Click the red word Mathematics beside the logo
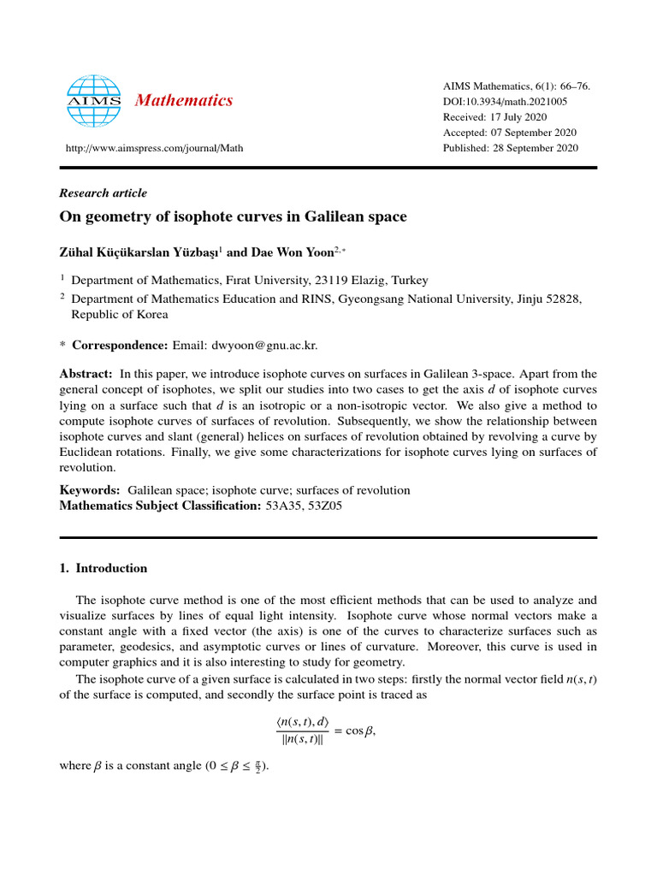click(183, 101)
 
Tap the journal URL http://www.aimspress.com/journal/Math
click(154, 148)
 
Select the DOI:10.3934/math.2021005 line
click(505, 102)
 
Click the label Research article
click(103, 193)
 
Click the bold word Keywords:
click(89, 490)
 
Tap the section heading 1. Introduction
click(103, 568)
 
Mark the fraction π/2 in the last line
click(257, 766)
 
